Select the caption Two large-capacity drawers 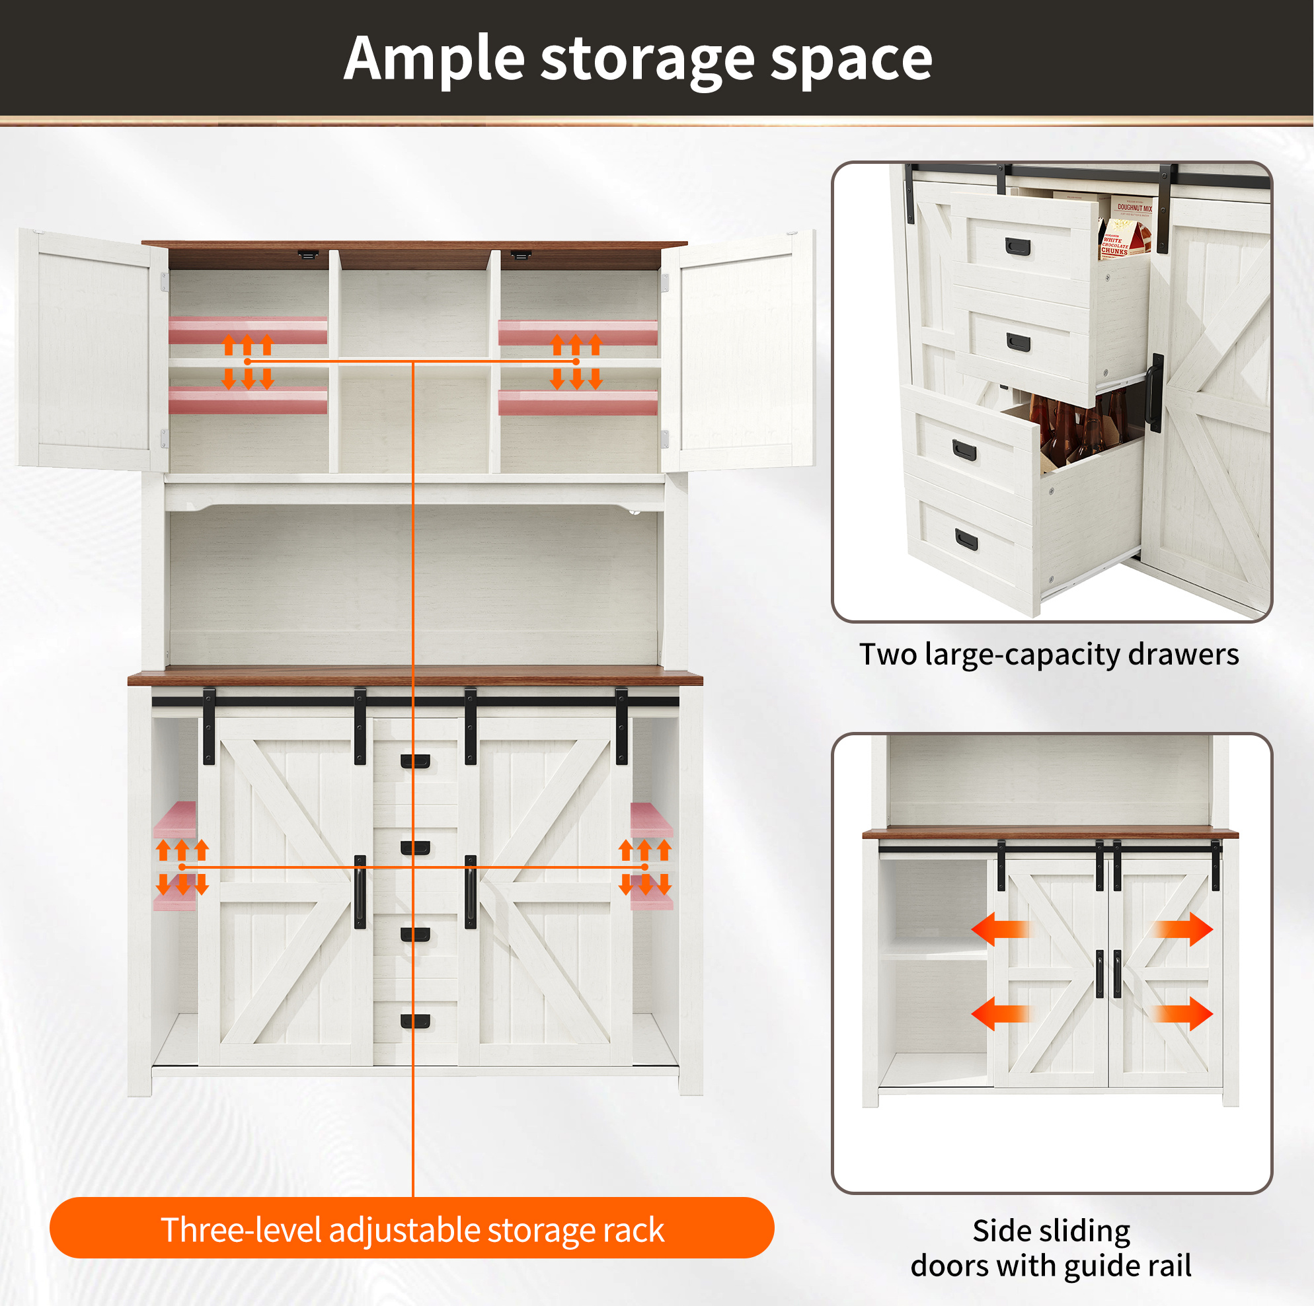tap(1049, 655)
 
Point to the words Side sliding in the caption tap(1052, 1231)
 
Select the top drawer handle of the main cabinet tap(415, 762)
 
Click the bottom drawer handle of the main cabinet tap(415, 1021)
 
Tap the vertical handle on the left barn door tap(360, 892)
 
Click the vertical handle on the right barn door tap(471, 892)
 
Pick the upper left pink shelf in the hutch tap(248, 330)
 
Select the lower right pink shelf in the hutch tap(578, 402)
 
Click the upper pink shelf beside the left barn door tap(174, 820)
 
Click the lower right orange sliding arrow tap(1182, 1013)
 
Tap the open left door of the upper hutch tap(93, 350)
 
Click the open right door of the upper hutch tap(738, 350)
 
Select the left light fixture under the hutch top tap(307, 255)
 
